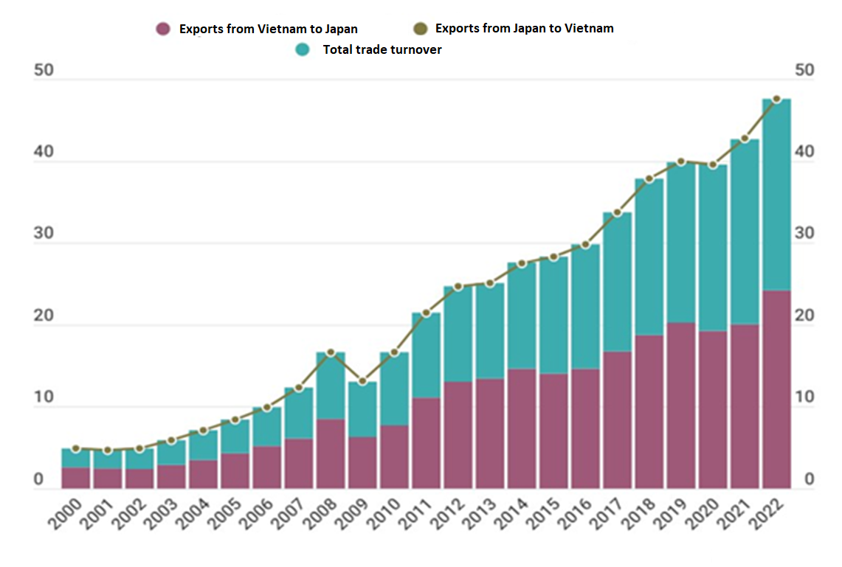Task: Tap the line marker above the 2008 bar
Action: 331,352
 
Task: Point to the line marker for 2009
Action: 362,381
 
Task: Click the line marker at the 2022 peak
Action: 776,99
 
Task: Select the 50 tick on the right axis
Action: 804,71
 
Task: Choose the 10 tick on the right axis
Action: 804,397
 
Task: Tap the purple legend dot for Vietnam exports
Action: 164,29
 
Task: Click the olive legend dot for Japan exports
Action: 420,29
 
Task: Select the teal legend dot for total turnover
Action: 303,50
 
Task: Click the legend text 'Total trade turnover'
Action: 382,50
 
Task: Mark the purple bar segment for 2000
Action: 75,477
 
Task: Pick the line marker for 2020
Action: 713,164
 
